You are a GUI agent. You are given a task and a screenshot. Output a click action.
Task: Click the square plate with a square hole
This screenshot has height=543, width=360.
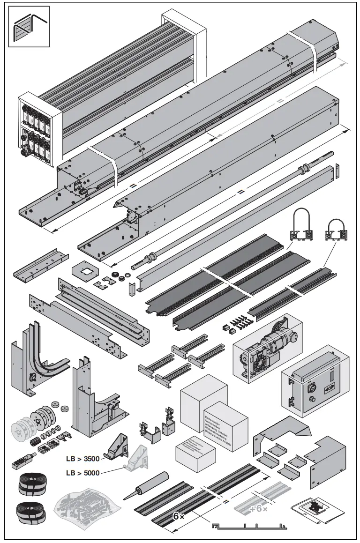point(85,271)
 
